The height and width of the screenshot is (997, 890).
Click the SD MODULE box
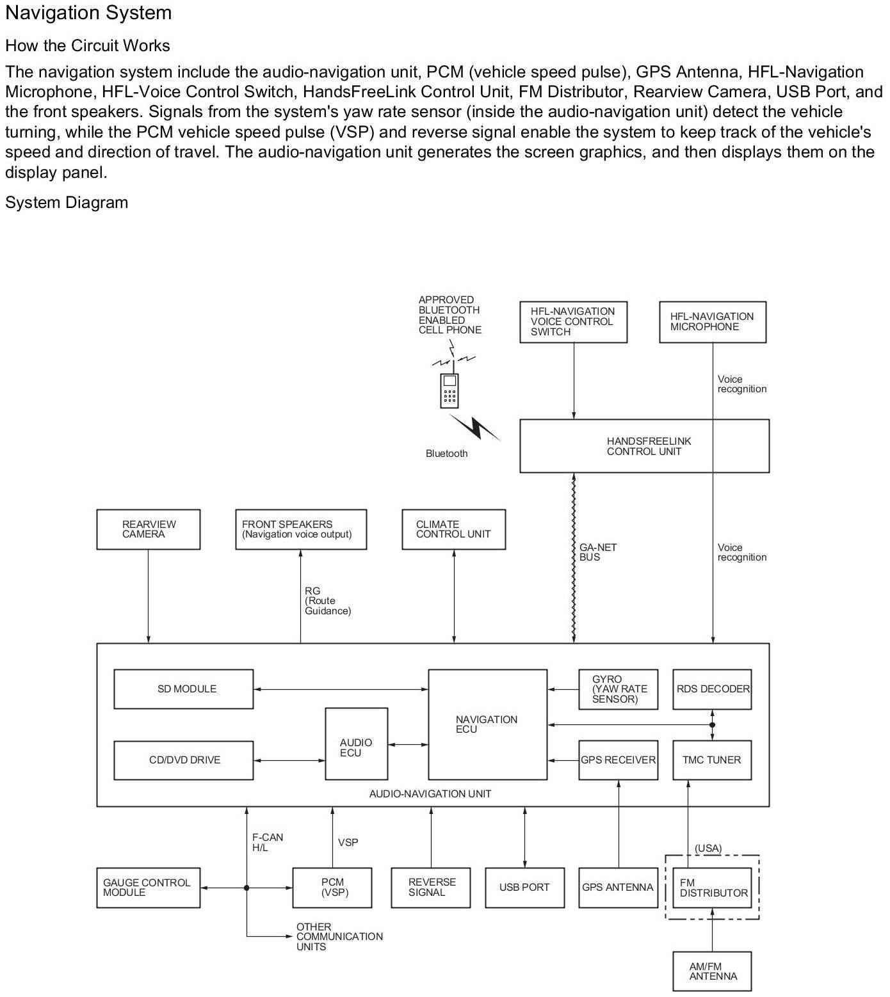coord(183,689)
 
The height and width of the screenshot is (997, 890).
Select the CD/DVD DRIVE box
coord(183,760)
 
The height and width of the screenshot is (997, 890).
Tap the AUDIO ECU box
coord(356,744)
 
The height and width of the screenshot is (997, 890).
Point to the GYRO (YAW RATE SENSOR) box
coord(618,689)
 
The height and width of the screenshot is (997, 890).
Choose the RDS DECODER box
coord(712,689)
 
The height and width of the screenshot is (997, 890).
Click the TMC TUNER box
coord(712,760)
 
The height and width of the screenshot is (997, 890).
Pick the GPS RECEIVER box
coord(618,760)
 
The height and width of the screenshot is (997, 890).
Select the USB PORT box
coord(524,888)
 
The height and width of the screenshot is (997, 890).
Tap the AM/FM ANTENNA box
coord(712,971)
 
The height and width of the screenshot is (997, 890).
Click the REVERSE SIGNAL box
coord(431,888)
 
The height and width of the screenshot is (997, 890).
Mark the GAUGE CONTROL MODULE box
coord(148,888)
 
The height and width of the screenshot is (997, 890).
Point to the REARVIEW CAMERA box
coord(148,529)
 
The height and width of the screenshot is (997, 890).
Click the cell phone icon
coord(449,390)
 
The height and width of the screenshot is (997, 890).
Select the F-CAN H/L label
coord(267,842)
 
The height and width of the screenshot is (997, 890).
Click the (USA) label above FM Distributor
coord(708,849)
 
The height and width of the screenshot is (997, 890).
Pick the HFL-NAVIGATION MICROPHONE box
coord(712,322)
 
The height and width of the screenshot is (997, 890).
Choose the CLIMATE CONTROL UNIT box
coord(453,529)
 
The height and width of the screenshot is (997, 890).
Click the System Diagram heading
coord(67,203)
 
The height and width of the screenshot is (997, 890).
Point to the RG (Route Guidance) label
coord(327,601)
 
